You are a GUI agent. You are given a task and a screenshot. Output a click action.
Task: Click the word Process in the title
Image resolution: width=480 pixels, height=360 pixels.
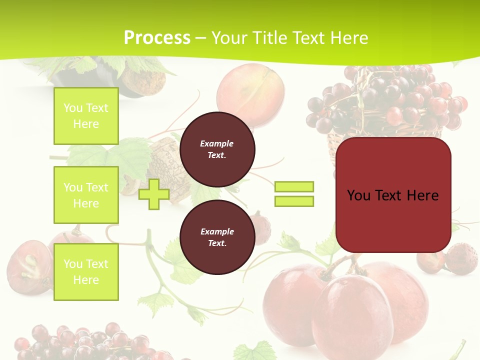(157, 38)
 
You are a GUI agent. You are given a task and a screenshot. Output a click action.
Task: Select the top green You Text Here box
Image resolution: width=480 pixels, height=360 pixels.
(86, 116)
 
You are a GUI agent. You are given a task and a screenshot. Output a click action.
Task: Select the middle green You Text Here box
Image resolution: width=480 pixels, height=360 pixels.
(86, 195)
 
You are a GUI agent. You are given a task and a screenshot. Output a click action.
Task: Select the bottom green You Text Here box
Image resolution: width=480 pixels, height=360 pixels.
(86, 271)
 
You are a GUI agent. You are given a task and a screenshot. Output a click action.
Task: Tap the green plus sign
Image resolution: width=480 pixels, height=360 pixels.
(154, 194)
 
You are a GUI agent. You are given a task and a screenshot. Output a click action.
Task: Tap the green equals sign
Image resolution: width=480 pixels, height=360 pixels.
(294, 194)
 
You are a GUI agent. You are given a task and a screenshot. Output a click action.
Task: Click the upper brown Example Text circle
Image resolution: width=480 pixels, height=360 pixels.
(217, 149)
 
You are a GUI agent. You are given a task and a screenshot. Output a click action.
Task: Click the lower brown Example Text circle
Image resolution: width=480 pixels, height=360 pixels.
(217, 237)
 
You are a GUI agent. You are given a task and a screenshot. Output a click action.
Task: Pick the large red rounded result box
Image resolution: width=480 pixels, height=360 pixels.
(393, 195)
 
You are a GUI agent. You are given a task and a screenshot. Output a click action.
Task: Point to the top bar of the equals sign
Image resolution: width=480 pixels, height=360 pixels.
(294, 187)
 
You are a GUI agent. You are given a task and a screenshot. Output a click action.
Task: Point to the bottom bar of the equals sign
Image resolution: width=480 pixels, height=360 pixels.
(294, 201)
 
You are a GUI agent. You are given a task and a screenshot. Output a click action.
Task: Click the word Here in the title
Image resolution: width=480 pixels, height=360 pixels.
(348, 38)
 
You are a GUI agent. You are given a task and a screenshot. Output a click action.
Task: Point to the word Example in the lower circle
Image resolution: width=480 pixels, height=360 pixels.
(217, 231)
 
